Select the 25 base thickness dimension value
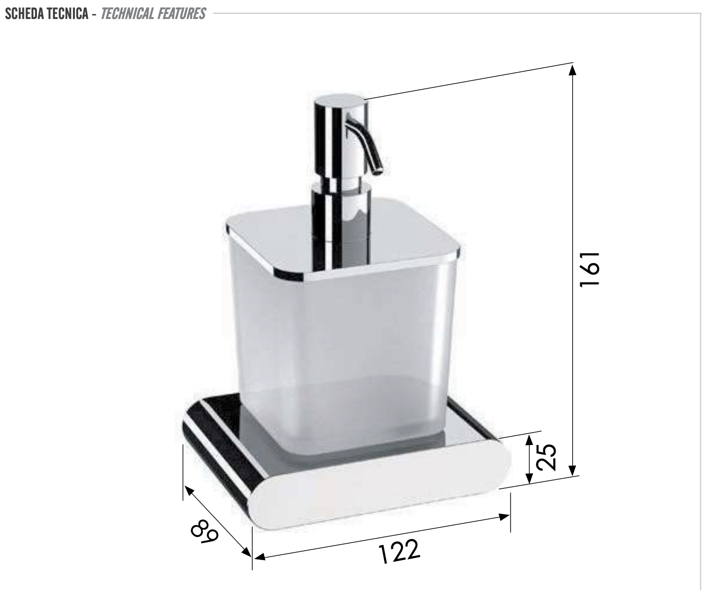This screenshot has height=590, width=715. tap(546, 456)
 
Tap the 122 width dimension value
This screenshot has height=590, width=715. tap(399, 551)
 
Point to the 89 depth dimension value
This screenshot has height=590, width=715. tap(205, 531)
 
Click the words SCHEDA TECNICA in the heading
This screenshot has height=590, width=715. tap(45, 13)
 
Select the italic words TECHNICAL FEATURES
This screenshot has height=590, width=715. tap(153, 13)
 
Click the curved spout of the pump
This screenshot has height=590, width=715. tap(367, 147)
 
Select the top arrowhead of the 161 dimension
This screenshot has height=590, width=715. tap(573, 68)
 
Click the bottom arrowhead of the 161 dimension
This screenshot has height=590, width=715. tap(573, 471)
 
